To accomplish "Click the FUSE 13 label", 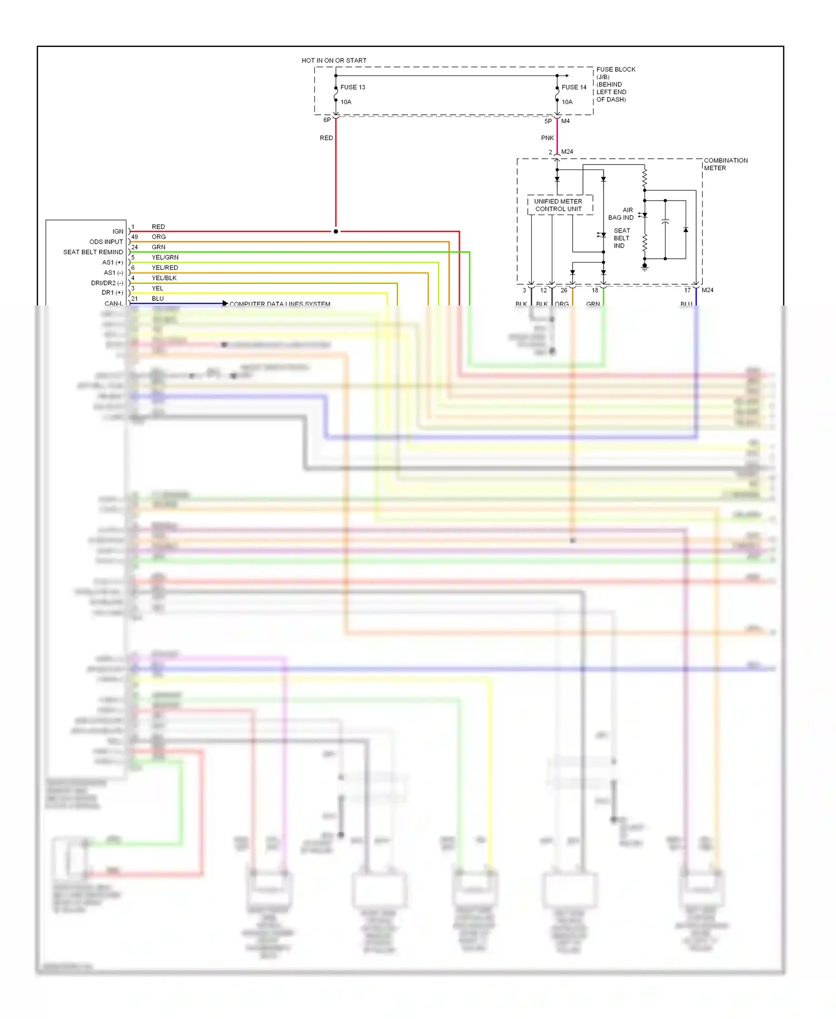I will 352,87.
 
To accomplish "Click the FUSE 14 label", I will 573,87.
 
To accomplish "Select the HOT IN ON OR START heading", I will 334,60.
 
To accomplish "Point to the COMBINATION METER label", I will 725,164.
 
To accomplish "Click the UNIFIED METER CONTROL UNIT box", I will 558,205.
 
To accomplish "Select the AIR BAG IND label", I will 621,214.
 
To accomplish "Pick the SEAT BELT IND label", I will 621,238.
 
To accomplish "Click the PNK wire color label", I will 547,138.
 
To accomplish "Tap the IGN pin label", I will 118,231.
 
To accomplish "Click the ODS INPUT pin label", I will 106,242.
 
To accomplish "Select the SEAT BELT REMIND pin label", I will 93,252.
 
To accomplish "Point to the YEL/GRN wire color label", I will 165,258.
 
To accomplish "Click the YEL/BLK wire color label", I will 164,278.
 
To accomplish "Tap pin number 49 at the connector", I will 134,237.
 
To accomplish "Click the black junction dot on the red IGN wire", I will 336,231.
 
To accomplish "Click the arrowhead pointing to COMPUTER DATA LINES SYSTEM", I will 225,303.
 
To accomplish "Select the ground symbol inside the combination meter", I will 645,268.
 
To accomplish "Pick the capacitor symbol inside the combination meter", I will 665,222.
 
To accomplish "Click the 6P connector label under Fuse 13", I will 327,120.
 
